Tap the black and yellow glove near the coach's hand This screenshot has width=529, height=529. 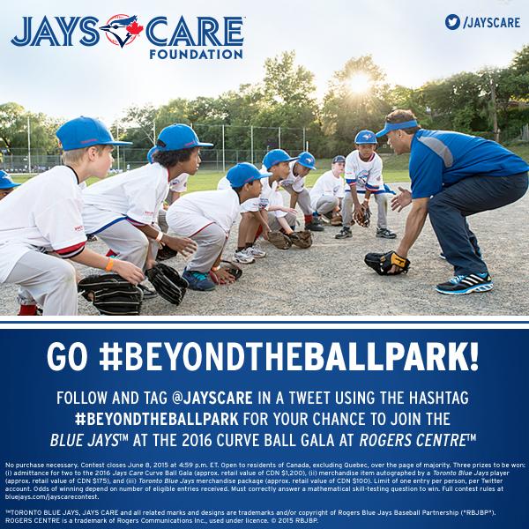[x=387, y=262]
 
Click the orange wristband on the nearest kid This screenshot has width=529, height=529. [x=110, y=263]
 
